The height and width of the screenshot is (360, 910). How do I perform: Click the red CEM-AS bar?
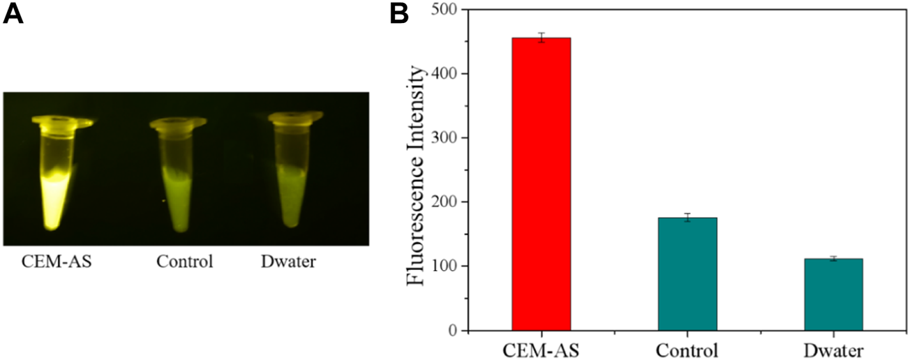pos(541,184)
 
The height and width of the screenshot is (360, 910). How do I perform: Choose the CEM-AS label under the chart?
pos(541,349)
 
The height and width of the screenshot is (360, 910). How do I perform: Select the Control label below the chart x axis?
pos(687,349)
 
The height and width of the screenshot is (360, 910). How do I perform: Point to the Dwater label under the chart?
pos(833,349)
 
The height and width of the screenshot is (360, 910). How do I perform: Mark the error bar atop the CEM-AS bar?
pos(541,38)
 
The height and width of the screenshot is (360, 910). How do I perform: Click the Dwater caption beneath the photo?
pos(288,262)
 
